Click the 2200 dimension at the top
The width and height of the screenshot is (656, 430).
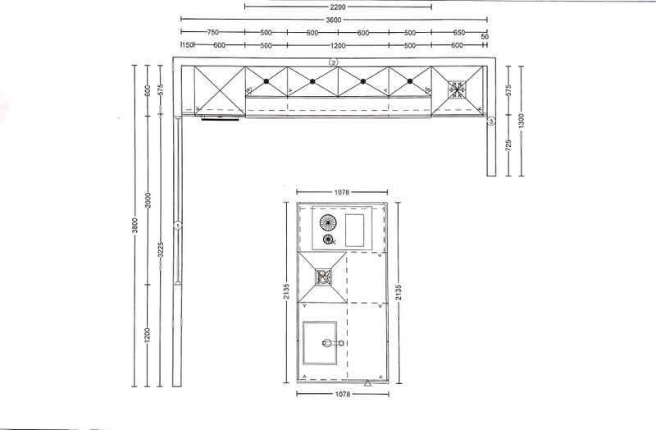point(338,7)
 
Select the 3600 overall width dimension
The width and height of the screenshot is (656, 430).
point(334,19)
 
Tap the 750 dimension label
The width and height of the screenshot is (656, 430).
point(213,32)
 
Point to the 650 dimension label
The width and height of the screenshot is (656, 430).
point(458,32)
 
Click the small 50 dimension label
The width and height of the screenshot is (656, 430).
point(485,37)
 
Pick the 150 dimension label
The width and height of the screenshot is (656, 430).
point(189,45)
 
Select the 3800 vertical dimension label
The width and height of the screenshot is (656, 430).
point(134,226)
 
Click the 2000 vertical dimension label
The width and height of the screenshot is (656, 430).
point(148,199)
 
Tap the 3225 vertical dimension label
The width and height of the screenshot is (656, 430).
point(160,250)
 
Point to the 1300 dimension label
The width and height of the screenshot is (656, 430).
point(521,121)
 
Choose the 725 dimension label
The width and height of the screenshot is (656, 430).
point(508,145)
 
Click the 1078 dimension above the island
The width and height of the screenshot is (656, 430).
point(342,193)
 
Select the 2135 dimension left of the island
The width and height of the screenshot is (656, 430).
point(286,292)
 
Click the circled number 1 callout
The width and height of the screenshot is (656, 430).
point(178,226)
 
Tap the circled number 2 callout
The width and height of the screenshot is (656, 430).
point(333,63)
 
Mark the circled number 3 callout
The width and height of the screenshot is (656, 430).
point(491,121)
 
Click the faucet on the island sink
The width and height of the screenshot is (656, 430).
point(333,343)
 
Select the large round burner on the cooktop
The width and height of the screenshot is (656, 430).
point(328,222)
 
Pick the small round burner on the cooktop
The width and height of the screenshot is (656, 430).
point(329,240)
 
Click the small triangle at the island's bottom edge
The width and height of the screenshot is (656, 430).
point(367,382)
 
